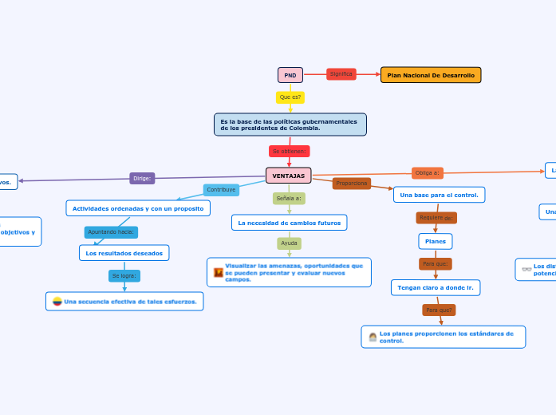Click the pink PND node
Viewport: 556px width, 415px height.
(x=290, y=75)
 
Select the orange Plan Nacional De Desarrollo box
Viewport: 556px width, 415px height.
(x=431, y=75)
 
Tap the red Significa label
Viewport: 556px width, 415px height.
(x=341, y=74)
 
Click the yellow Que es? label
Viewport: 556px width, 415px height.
(x=290, y=97)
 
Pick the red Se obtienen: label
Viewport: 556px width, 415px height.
(x=289, y=151)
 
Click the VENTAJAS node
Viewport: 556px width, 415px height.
(x=288, y=176)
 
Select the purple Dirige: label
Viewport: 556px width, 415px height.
(x=142, y=178)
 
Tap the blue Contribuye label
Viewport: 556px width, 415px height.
(x=221, y=190)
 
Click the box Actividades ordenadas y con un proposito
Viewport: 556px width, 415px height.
(x=138, y=207)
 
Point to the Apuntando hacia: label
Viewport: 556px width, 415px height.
(x=112, y=232)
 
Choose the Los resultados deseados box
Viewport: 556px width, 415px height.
(x=124, y=253)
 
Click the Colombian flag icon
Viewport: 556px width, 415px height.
(x=57, y=302)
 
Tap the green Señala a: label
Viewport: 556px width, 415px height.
(x=289, y=198)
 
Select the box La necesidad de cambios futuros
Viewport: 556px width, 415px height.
(x=289, y=223)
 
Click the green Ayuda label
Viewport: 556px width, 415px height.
(x=289, y=243)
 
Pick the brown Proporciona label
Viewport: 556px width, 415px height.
(x=352, y=184)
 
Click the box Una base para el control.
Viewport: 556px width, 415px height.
(x=439, y=195)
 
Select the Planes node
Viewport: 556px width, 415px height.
(x=435, y=241)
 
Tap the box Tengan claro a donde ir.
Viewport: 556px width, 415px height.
(x=436, y=287)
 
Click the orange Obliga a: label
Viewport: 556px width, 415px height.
(x=428, y=172)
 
